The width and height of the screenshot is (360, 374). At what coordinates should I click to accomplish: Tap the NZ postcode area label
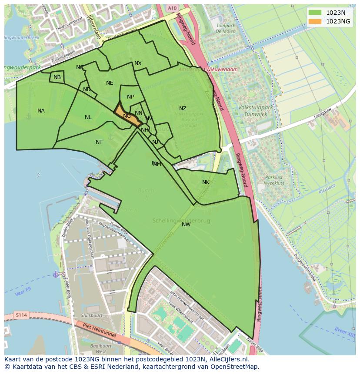tap(183, 109)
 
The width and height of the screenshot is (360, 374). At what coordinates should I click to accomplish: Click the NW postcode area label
tap(186, 225)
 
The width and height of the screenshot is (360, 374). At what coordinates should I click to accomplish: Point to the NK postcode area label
tap(206, 182)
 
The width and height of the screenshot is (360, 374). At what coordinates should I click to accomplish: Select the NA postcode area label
tap(41, 111)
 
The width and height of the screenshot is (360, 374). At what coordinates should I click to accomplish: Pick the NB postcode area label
tap(57, 77)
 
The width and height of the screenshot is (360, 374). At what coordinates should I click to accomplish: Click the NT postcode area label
tap(99, 142)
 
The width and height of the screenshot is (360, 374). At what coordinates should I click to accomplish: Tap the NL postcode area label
tap(88, 117)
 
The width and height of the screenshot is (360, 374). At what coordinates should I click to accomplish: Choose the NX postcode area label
tap(138, 63)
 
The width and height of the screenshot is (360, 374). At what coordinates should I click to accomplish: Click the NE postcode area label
tap(110, 83)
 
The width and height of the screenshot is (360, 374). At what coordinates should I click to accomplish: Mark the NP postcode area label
tap(130, 97)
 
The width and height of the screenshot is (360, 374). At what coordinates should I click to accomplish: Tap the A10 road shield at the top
tap(173, 8)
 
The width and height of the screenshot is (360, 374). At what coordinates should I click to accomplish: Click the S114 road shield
tap(20, 315)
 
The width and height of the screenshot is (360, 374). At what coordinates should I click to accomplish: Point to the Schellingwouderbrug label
tap(181, 221)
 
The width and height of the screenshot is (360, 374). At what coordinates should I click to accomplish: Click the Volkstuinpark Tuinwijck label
tap(252, 110)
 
